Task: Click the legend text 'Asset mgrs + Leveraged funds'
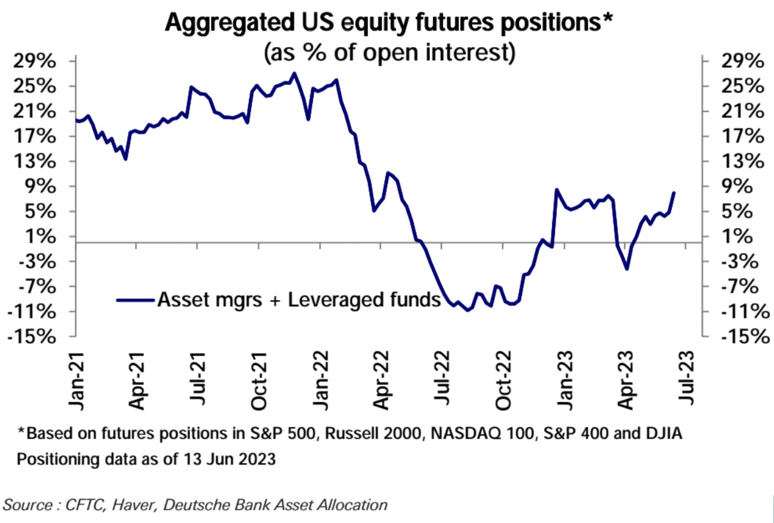pyautogui.click(x=299, y=300)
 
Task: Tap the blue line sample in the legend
pyautogui.click(x=135, y=300)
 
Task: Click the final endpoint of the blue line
pyautogui.click(x=674, y=192)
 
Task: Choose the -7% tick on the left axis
pyautogui.click(x=39, y=287)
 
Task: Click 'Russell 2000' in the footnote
pyautogui.click(x=363, y=434)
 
